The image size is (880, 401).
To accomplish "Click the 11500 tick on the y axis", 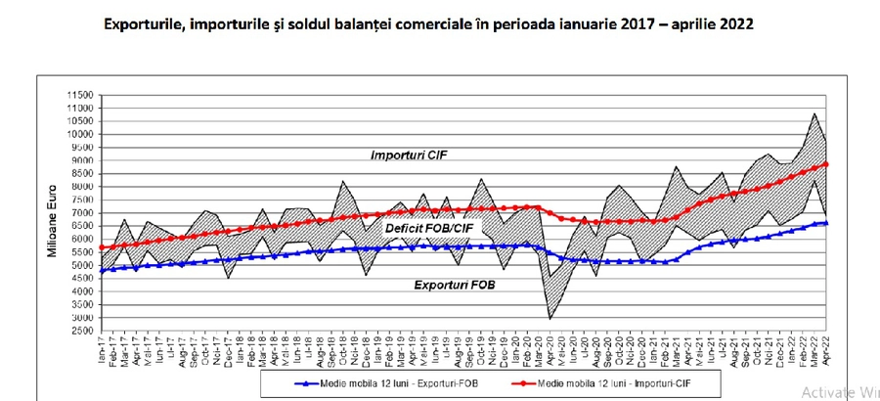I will point(80,95).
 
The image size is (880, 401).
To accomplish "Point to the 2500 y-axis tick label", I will point(82,332).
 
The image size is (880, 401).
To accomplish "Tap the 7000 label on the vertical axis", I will point(82,213).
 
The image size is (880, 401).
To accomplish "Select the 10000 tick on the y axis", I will point(80,134).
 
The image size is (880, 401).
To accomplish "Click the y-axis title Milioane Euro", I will point(52,226).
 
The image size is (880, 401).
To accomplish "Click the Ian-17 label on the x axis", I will point(102,349).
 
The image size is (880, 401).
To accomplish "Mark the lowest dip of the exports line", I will point(550,319).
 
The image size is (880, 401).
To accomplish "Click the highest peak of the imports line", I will point(815,113).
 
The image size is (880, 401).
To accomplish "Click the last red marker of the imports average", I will point(826,164).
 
